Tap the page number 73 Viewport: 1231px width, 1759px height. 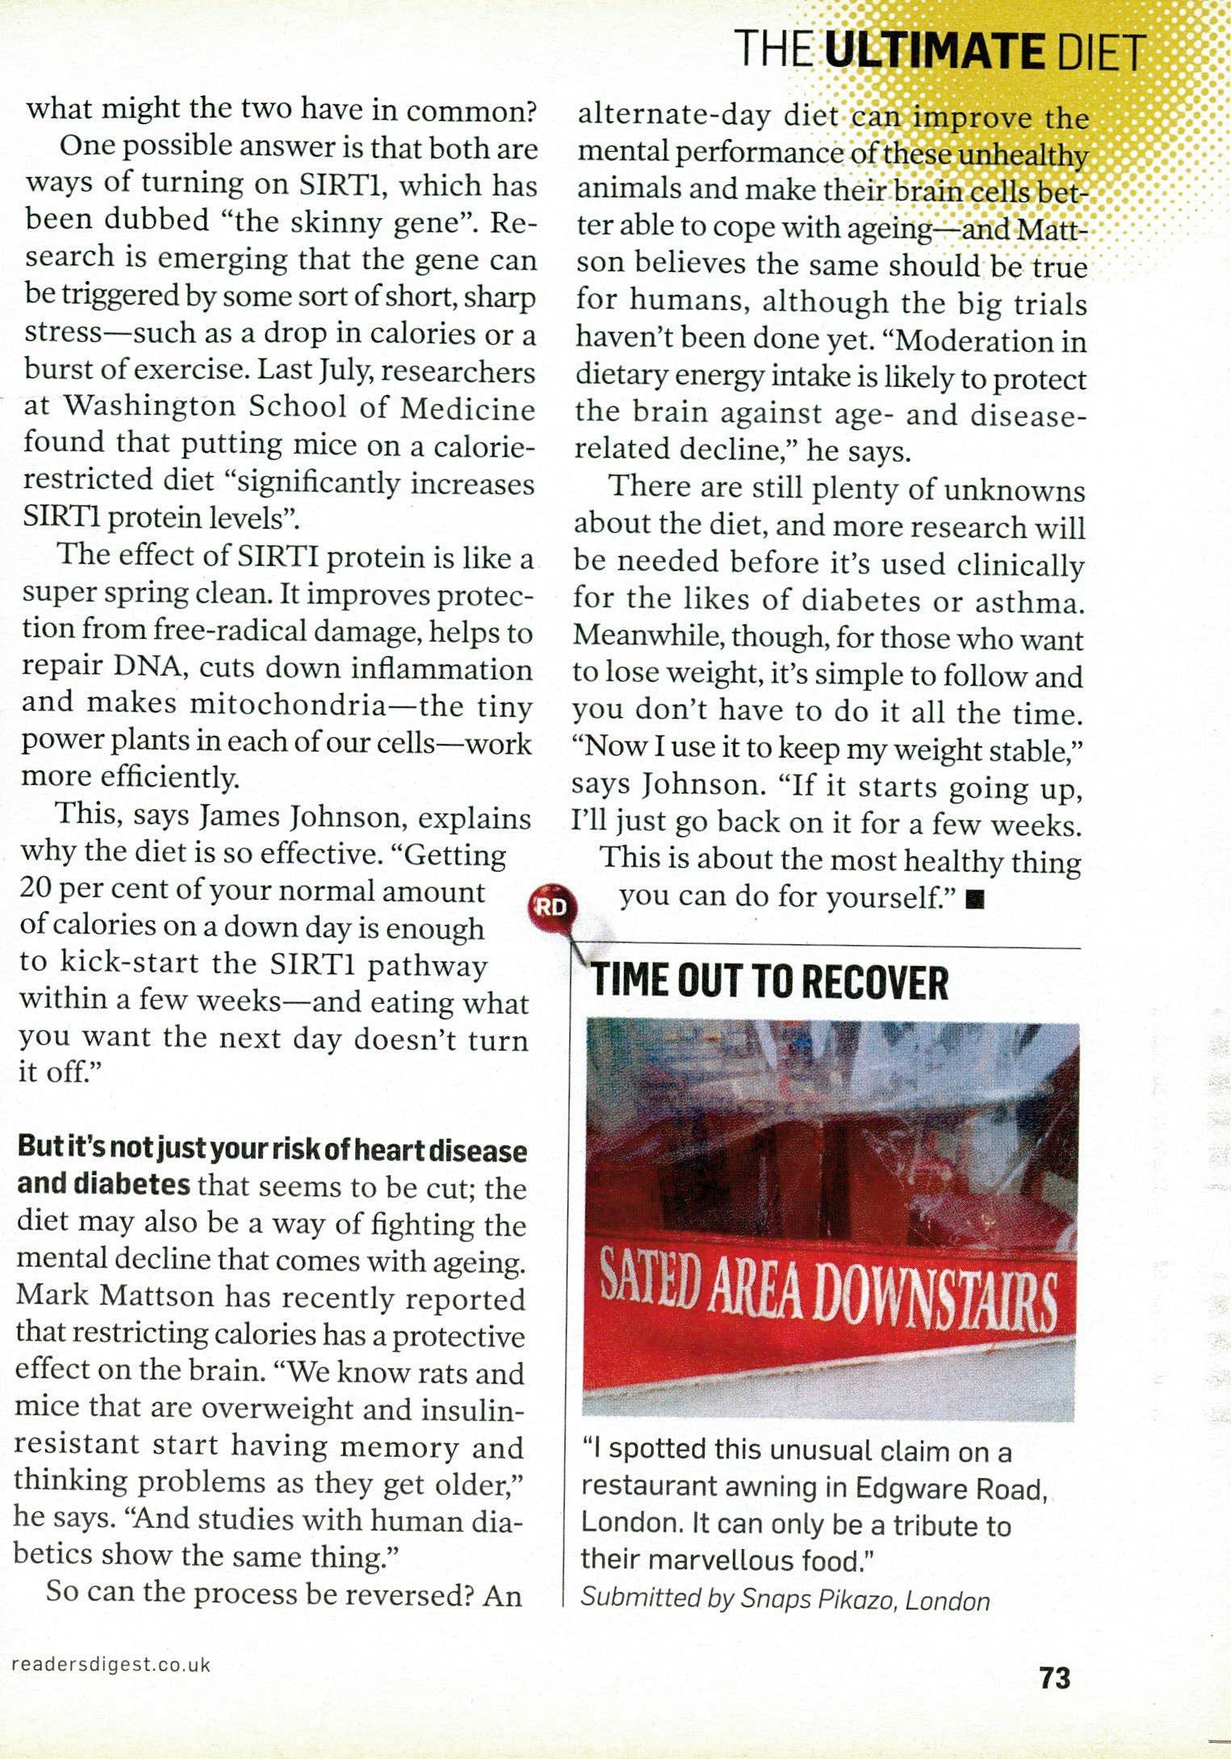tap(1054, 1678)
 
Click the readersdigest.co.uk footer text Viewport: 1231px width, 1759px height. tap(112, 1664)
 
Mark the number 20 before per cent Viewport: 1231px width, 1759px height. tap(36, 890)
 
